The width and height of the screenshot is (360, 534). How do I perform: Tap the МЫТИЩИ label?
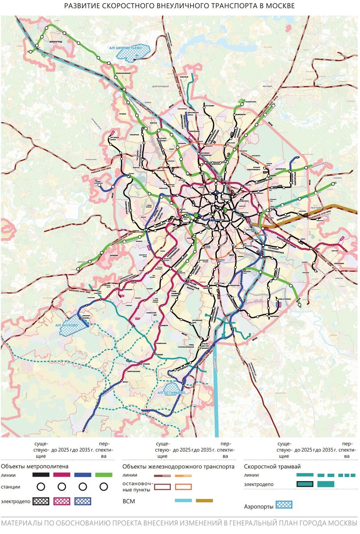tap(267, 85)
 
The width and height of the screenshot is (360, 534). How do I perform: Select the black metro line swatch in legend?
tap(40, 475)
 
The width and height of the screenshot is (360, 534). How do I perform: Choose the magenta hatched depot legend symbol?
tap(61, 501)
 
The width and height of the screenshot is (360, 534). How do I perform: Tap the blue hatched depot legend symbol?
tap(83, 501)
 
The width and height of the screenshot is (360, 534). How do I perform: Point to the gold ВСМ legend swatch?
tap(204, 501)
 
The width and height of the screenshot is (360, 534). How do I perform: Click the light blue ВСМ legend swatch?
tap(183, 501)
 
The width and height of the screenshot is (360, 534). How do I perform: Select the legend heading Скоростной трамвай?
tap(272, 467)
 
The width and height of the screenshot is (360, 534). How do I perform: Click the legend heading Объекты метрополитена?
tap(35, 467)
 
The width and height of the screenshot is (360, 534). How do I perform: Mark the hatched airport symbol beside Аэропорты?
tap(283, 505)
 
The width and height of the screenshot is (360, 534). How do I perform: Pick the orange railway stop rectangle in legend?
tap(183, 487)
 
